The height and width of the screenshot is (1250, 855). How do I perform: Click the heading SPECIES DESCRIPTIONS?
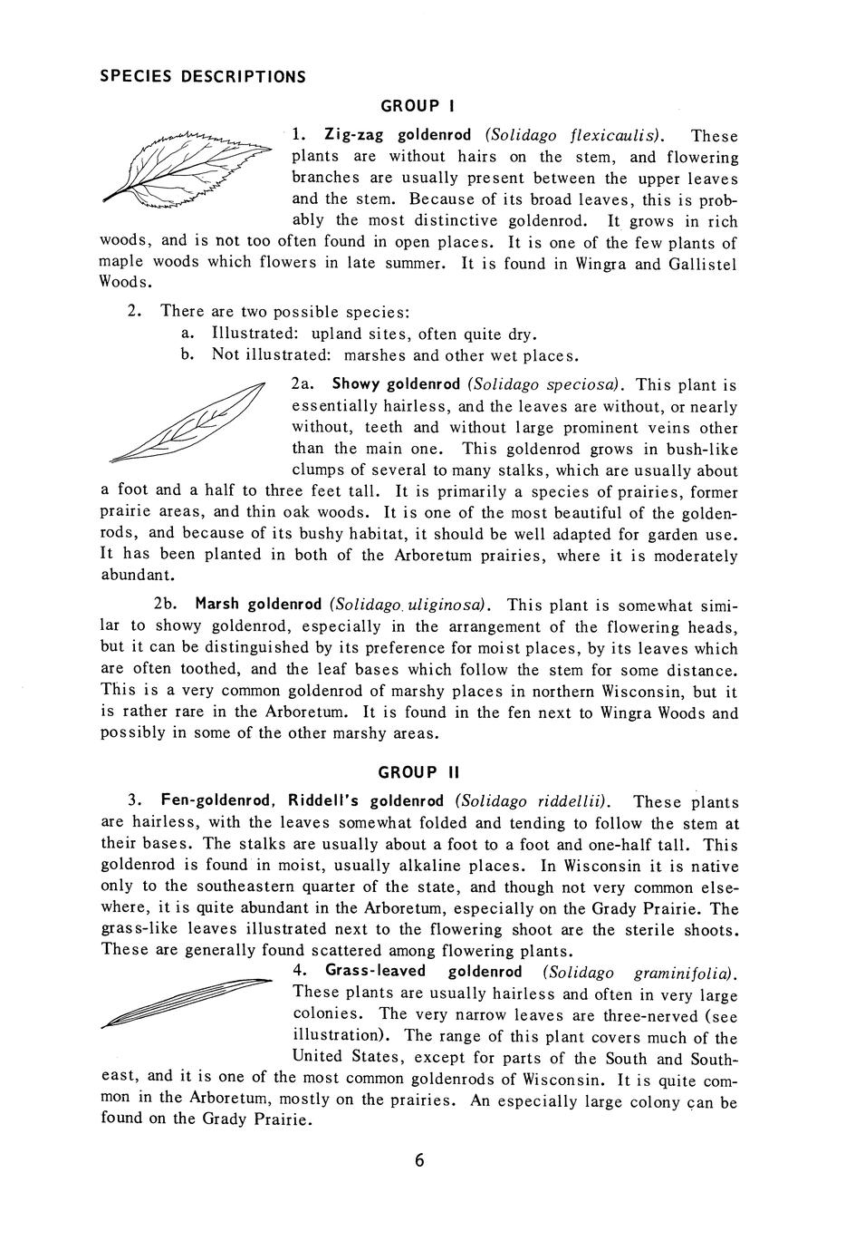point(202,76)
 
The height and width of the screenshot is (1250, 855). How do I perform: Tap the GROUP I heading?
point(410,106)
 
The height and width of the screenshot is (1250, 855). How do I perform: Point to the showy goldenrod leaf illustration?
point(185,422)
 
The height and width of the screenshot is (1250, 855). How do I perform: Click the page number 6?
point(419,1161)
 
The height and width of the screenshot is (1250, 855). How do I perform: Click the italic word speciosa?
point(589,385)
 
